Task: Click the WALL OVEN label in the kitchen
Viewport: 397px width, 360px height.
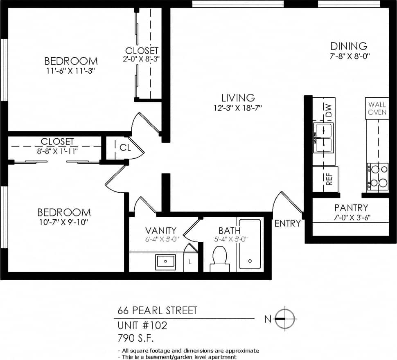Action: (377, 108)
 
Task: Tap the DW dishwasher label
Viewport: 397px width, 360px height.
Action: (328, 109)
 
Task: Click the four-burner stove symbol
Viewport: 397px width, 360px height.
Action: (377, 176)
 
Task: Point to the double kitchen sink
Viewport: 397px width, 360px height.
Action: (324, 137)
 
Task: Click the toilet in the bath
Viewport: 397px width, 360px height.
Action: (220, 257)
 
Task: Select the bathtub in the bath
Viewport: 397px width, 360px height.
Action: (250, 244)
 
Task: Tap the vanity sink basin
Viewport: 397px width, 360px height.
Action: (165, 261)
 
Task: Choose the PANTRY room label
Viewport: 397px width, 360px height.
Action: (351, 208)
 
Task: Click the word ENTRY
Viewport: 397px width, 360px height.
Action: (287, 224)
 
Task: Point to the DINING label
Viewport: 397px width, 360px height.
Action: (349, 46)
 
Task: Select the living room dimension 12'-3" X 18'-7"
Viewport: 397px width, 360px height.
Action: (238, 108)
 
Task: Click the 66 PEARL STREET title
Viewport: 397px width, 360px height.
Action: (157, 310)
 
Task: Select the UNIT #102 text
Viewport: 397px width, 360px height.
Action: (142, 326)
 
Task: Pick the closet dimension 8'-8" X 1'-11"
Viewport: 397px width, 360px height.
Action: (57, 151)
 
